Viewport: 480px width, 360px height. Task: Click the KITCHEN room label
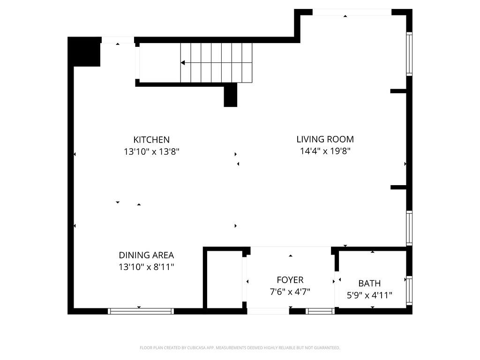coord(151,140)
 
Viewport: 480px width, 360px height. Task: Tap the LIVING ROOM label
coord(325,139)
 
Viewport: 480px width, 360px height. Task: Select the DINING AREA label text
coord(146,255)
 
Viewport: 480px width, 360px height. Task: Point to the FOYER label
coord(290,280)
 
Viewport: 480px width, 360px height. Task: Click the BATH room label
coord(369,284)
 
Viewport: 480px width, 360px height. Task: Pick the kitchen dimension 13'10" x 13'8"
coord(151,152)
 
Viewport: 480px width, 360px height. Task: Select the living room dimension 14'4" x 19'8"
coord(325,151)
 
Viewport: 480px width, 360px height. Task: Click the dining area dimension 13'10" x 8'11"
coord(146,268)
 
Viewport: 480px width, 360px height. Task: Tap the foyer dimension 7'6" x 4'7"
coord(290,292)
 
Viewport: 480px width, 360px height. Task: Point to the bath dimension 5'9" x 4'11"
coord(369,295)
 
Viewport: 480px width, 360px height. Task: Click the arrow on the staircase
coord(183,62)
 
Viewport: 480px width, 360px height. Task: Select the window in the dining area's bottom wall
coord(141,311)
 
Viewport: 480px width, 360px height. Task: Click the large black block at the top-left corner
coord(84,52)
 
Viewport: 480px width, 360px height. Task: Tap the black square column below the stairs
coord(230,96)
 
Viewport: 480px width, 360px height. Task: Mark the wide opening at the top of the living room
coord(352,12)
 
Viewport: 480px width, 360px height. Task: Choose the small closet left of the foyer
coord(224,280)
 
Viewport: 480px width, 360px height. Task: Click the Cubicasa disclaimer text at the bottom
coord(240,348)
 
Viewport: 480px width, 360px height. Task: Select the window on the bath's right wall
coord(409,291)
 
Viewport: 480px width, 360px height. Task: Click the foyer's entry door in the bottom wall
coord(268,311)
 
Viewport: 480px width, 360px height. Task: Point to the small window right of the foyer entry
coord(320,311)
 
